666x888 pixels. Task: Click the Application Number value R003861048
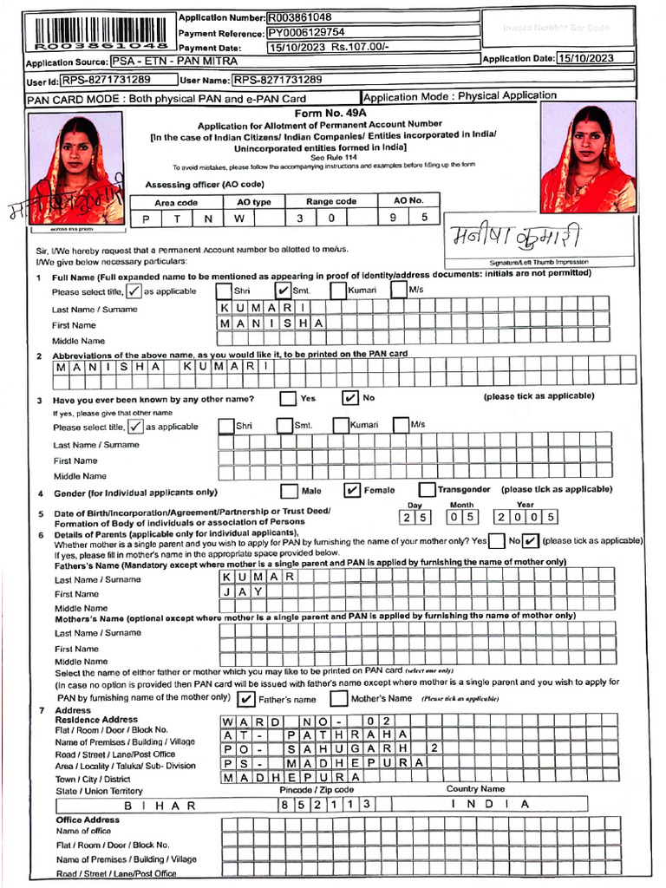click(299, 16)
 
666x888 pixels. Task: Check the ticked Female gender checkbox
click(352, 491)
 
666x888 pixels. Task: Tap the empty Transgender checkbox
click(427, 491)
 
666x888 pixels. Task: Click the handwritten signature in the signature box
click(514, 237)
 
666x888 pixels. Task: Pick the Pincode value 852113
click(325, 805)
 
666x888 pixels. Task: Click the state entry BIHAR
click(160, 805)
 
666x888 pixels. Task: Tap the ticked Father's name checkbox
click(246, 699)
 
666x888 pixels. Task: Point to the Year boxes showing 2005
click(525, 518)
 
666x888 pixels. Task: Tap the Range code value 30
click(314, 219)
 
